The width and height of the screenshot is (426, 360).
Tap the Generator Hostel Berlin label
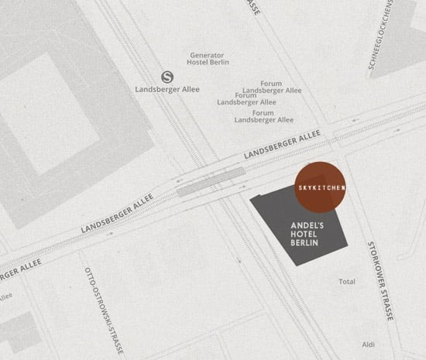207,60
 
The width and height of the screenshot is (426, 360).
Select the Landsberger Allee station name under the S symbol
167,88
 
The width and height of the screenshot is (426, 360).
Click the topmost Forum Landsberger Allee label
271,87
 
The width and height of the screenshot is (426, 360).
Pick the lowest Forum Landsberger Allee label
263,116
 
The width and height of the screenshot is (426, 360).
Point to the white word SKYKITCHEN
321,188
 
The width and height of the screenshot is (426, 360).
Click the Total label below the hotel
347,281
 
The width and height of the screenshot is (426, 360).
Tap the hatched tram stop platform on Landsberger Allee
210,184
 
